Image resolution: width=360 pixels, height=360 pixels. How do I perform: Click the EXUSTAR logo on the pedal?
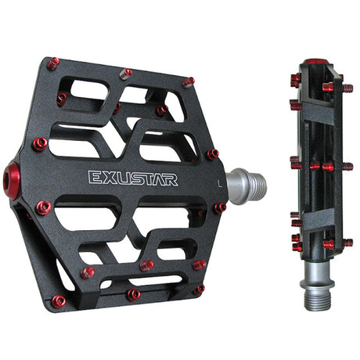(x=132, y=178)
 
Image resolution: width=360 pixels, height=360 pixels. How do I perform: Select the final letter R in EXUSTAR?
(x=171, y=178)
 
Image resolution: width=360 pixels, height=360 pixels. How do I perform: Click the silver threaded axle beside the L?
(x=248, y=184)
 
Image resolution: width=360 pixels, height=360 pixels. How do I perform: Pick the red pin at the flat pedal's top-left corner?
(x=52, y=64)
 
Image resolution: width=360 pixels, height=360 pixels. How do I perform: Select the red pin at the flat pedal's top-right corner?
(x=188, y=81)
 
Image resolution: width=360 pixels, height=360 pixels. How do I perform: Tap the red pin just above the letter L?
(x=211, y=154)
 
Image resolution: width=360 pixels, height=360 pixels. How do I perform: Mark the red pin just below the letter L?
(x=220, y=208)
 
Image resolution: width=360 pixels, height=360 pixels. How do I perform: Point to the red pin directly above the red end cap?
(x=39, y=144)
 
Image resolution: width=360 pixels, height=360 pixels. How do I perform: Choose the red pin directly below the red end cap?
(x=43, y=207)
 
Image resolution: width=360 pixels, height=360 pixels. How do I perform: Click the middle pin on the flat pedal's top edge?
(x=126, y=74)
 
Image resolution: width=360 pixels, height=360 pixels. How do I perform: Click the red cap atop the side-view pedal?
(x=316, y=63)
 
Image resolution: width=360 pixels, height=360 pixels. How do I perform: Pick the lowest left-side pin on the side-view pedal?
(x=297, y=247)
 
